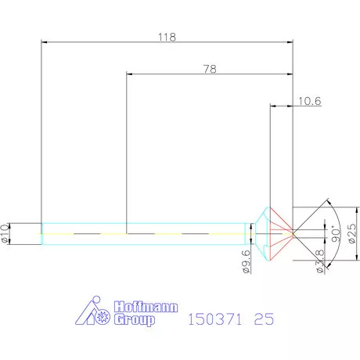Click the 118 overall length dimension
167,36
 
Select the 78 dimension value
210,69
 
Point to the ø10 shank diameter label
5,232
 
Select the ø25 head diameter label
351,232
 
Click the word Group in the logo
134,321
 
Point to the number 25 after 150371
264,320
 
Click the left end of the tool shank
41,233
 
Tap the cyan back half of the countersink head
264,232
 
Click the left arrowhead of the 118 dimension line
44,42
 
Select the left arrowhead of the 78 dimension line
129,75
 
